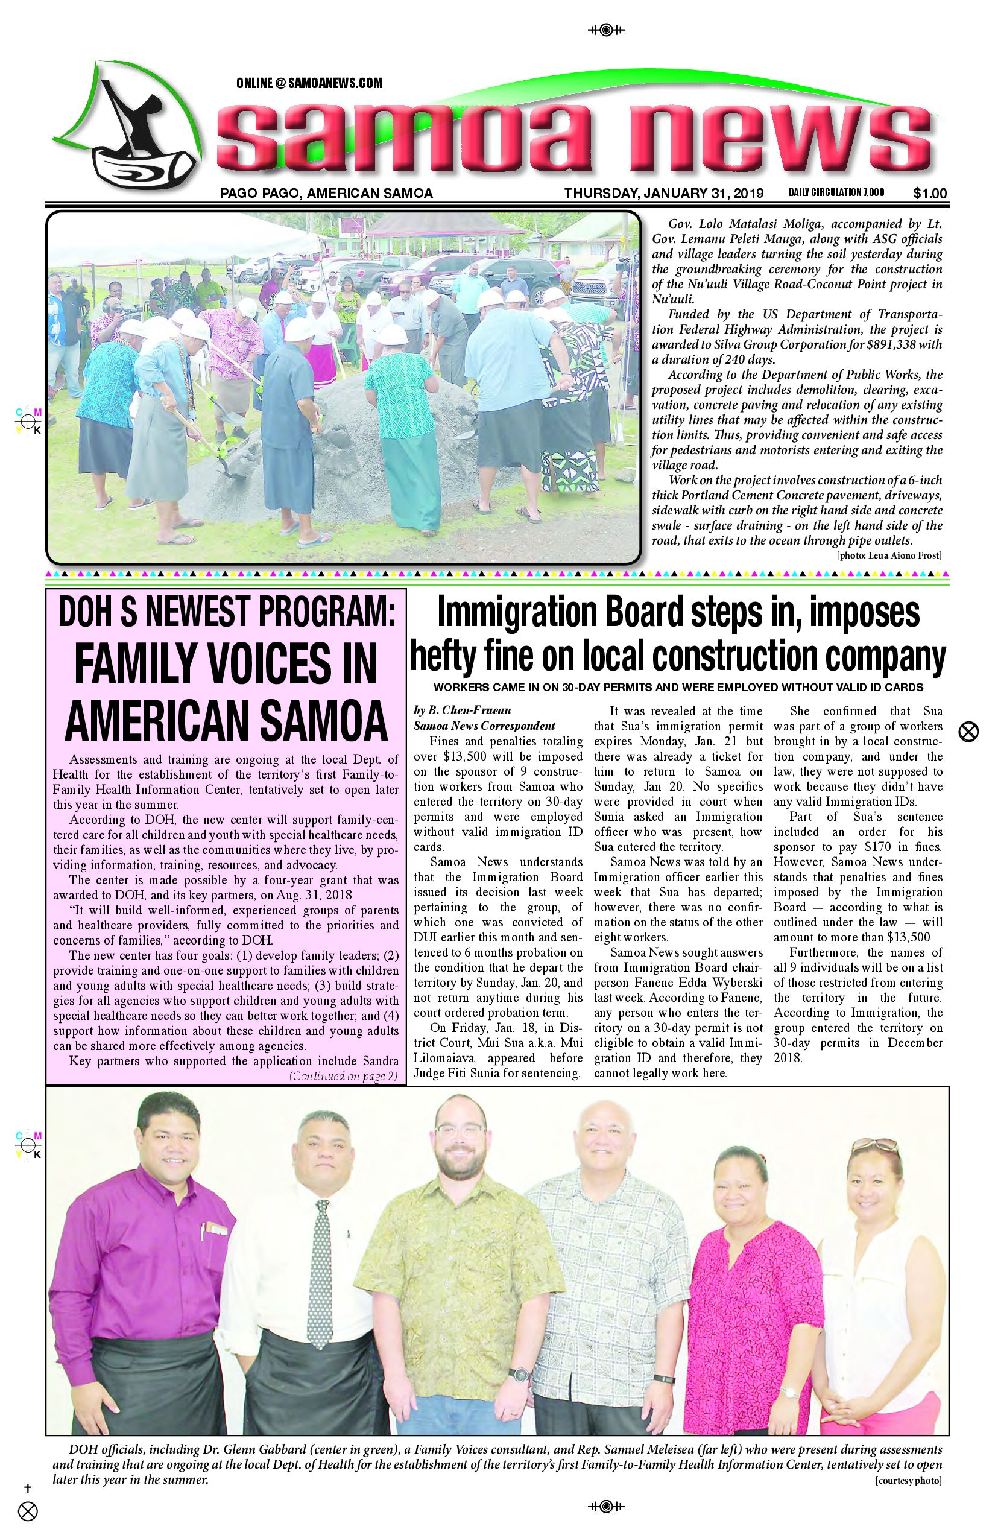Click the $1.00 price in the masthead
[930, 193]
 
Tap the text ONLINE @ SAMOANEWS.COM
[309, 83]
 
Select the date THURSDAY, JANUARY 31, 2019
[663, 193]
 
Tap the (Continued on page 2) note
[343, 1076]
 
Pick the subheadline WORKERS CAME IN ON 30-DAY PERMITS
[678, 687]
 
